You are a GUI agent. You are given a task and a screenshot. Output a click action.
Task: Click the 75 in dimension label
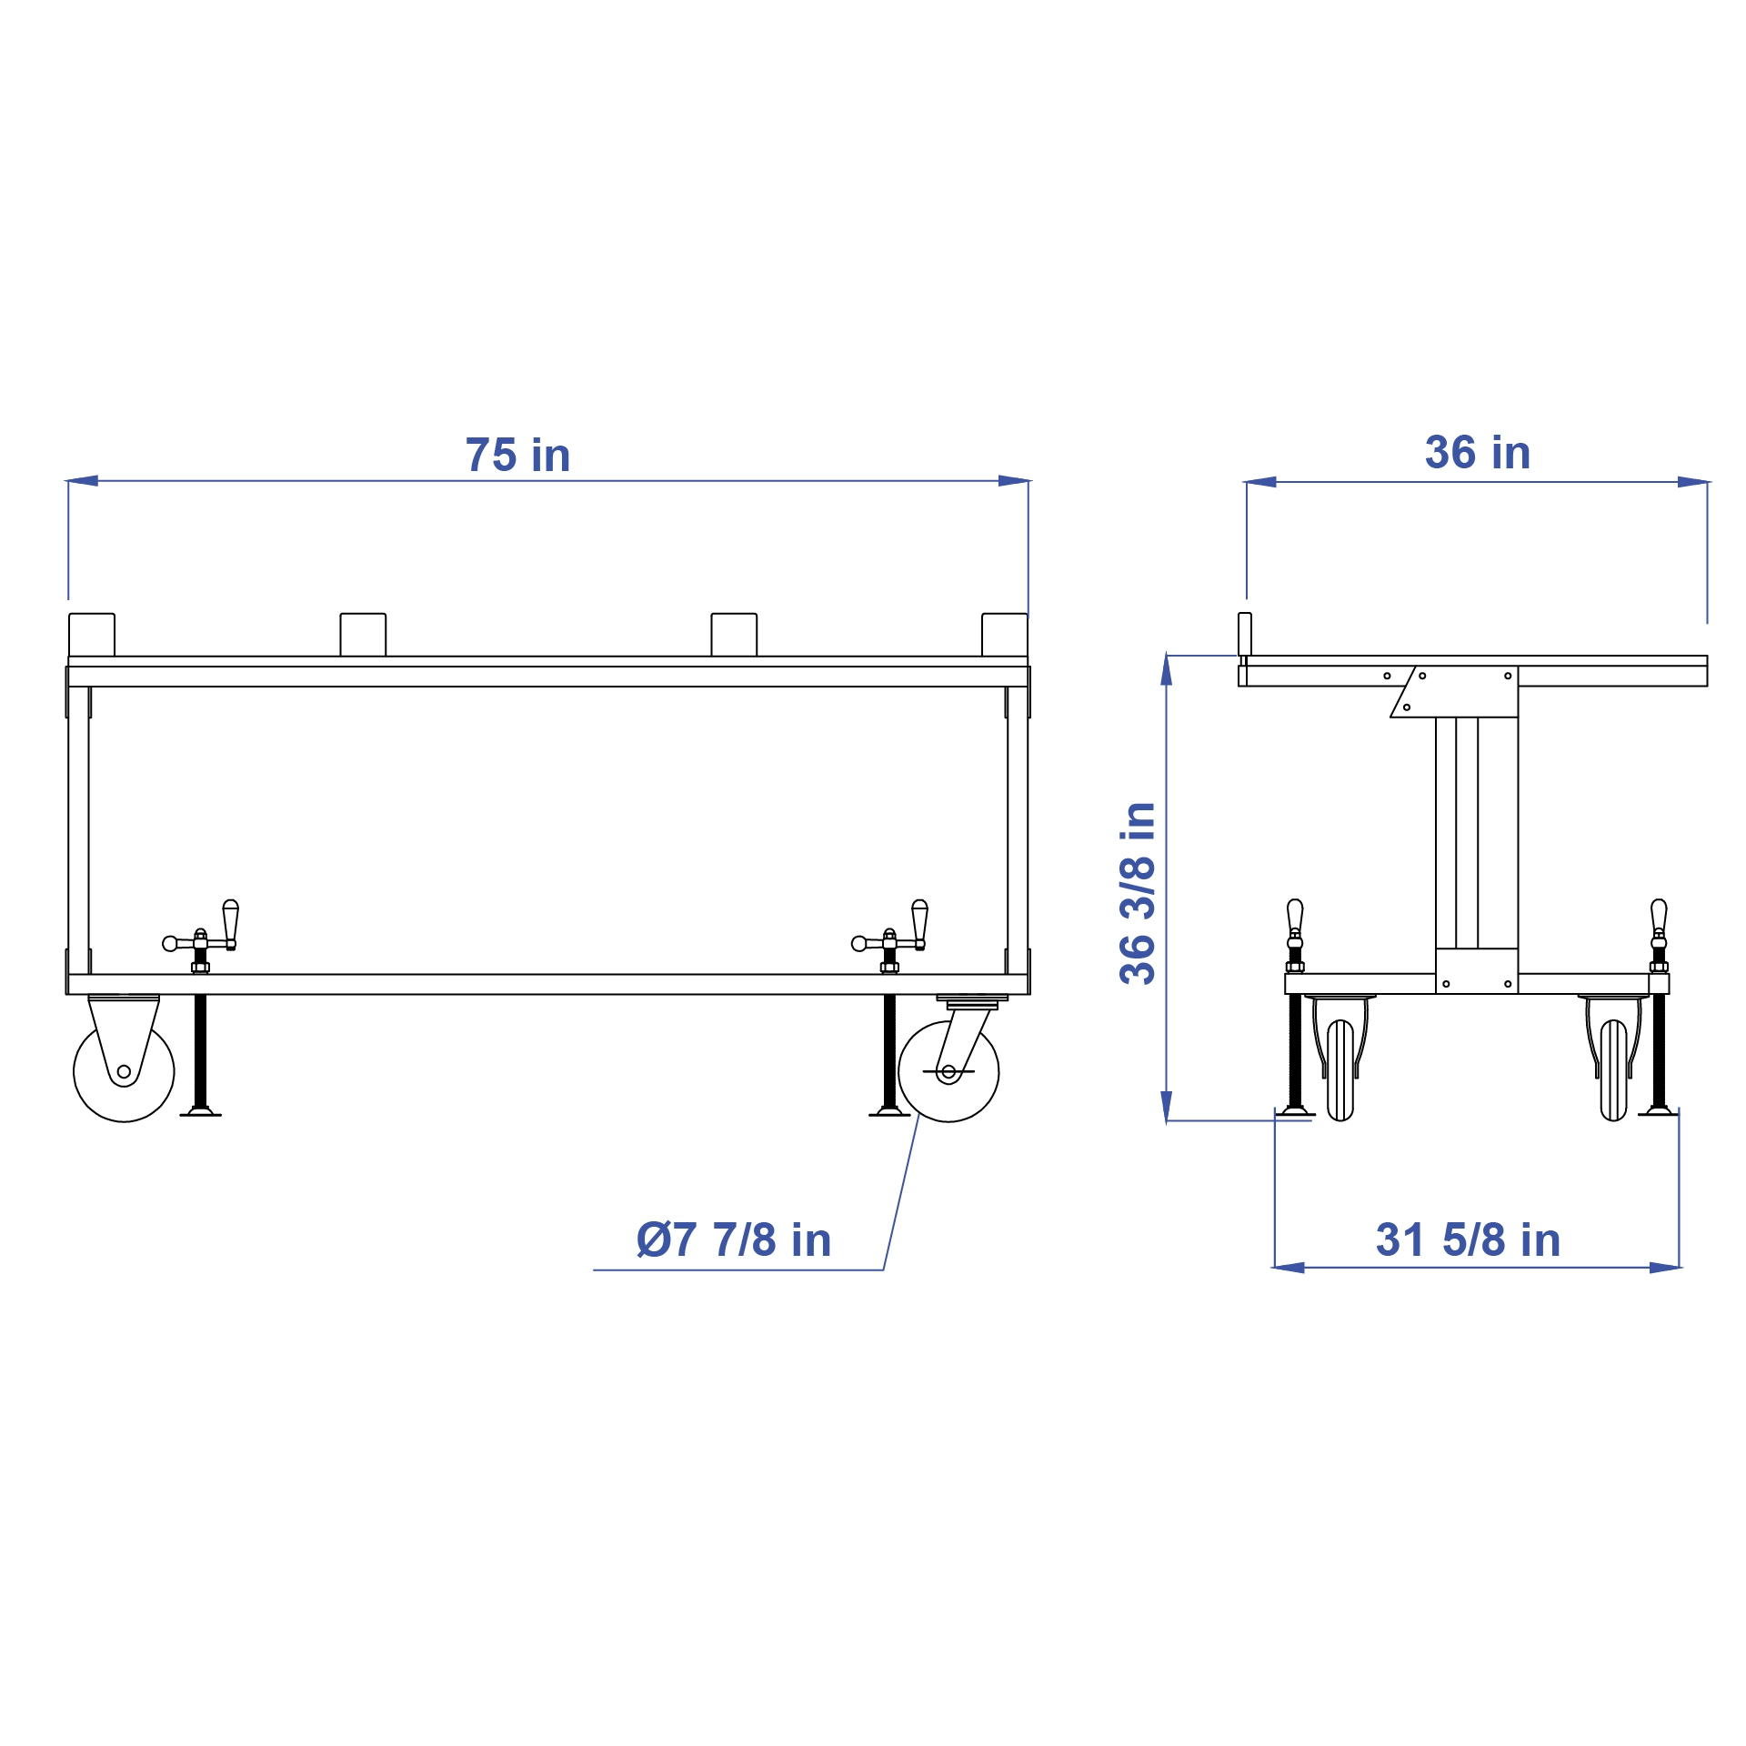(x=517, y=456)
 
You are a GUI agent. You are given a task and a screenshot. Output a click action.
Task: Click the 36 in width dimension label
(x=1478, y=453)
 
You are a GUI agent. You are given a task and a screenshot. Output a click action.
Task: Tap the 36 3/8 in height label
(x=1138, y=893)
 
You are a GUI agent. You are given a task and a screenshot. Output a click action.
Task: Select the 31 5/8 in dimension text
(x=1468, y=1240)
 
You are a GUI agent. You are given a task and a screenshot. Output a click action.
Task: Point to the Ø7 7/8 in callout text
(x=734, y=1240)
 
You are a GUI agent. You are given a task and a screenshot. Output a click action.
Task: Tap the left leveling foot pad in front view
(x=200, y=1111)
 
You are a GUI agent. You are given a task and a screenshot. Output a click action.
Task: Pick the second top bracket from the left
(x=363, y=634)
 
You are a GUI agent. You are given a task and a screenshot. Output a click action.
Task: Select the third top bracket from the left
(x=734, y=634)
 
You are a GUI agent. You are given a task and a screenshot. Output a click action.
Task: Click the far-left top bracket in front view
(x=92, y=634)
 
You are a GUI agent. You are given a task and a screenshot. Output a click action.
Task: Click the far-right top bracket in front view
(x=1005, y=634)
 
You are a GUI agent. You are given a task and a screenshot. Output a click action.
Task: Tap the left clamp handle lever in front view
(x=231, y=923)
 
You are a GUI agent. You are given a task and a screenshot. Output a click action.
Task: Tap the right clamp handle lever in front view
(x=919, y=923)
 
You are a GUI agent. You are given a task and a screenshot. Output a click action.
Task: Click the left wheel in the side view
(x=1340, y=1070)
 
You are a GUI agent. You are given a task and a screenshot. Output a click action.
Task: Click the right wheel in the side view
(x=1613, y=1070)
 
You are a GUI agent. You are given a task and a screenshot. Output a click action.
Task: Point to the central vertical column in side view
(x=1477, y=832)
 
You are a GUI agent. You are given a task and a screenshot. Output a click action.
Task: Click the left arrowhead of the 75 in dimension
(x=82, y=480)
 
